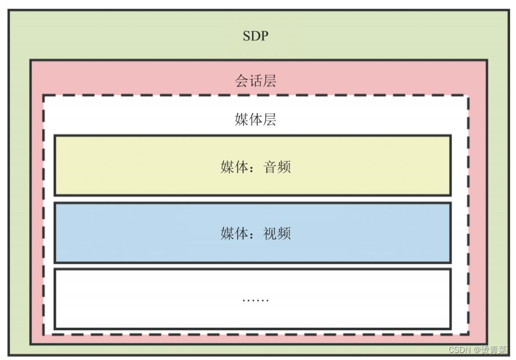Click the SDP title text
pos(255,36)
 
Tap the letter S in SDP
pos(247,36)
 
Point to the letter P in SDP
pos(264,36)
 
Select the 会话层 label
pos(255,81)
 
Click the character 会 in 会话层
pos(242,81)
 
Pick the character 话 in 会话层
pos(255,81)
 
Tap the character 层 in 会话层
pos(269,81)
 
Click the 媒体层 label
pos(255,120)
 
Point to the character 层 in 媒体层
pos(269,120)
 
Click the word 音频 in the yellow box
pos(277,167)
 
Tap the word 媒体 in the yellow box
pos(234,167)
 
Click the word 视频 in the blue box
pos(277,234)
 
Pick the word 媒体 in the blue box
pos(234,234)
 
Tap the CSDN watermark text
pos(460,350)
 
